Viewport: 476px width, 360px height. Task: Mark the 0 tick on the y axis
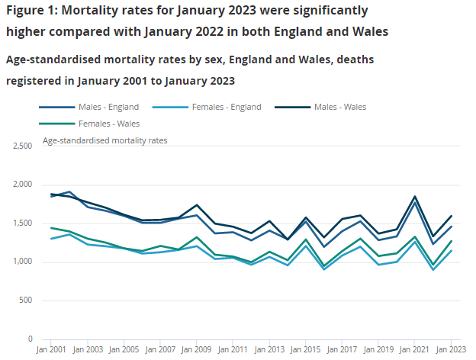click(x=30, y=339)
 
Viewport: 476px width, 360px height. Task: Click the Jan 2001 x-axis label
click(x=52, y=349)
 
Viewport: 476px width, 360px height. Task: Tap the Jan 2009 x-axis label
click(x=197, y=349)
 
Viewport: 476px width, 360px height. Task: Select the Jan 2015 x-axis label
click(x=306, y=349)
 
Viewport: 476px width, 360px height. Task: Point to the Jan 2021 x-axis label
click(x=414, y=349)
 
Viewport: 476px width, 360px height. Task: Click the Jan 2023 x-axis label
click(x=450, y=349)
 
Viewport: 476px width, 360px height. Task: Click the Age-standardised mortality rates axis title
click(x=105, y=140)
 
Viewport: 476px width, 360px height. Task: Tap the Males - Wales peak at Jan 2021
click(x=414, y=197)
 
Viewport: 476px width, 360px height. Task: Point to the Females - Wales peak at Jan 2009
click(x=197, y=238)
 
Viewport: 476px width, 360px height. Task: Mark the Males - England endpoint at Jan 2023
click(x=451, y=227)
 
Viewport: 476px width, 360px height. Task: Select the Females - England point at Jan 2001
click(x=52, y=239)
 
